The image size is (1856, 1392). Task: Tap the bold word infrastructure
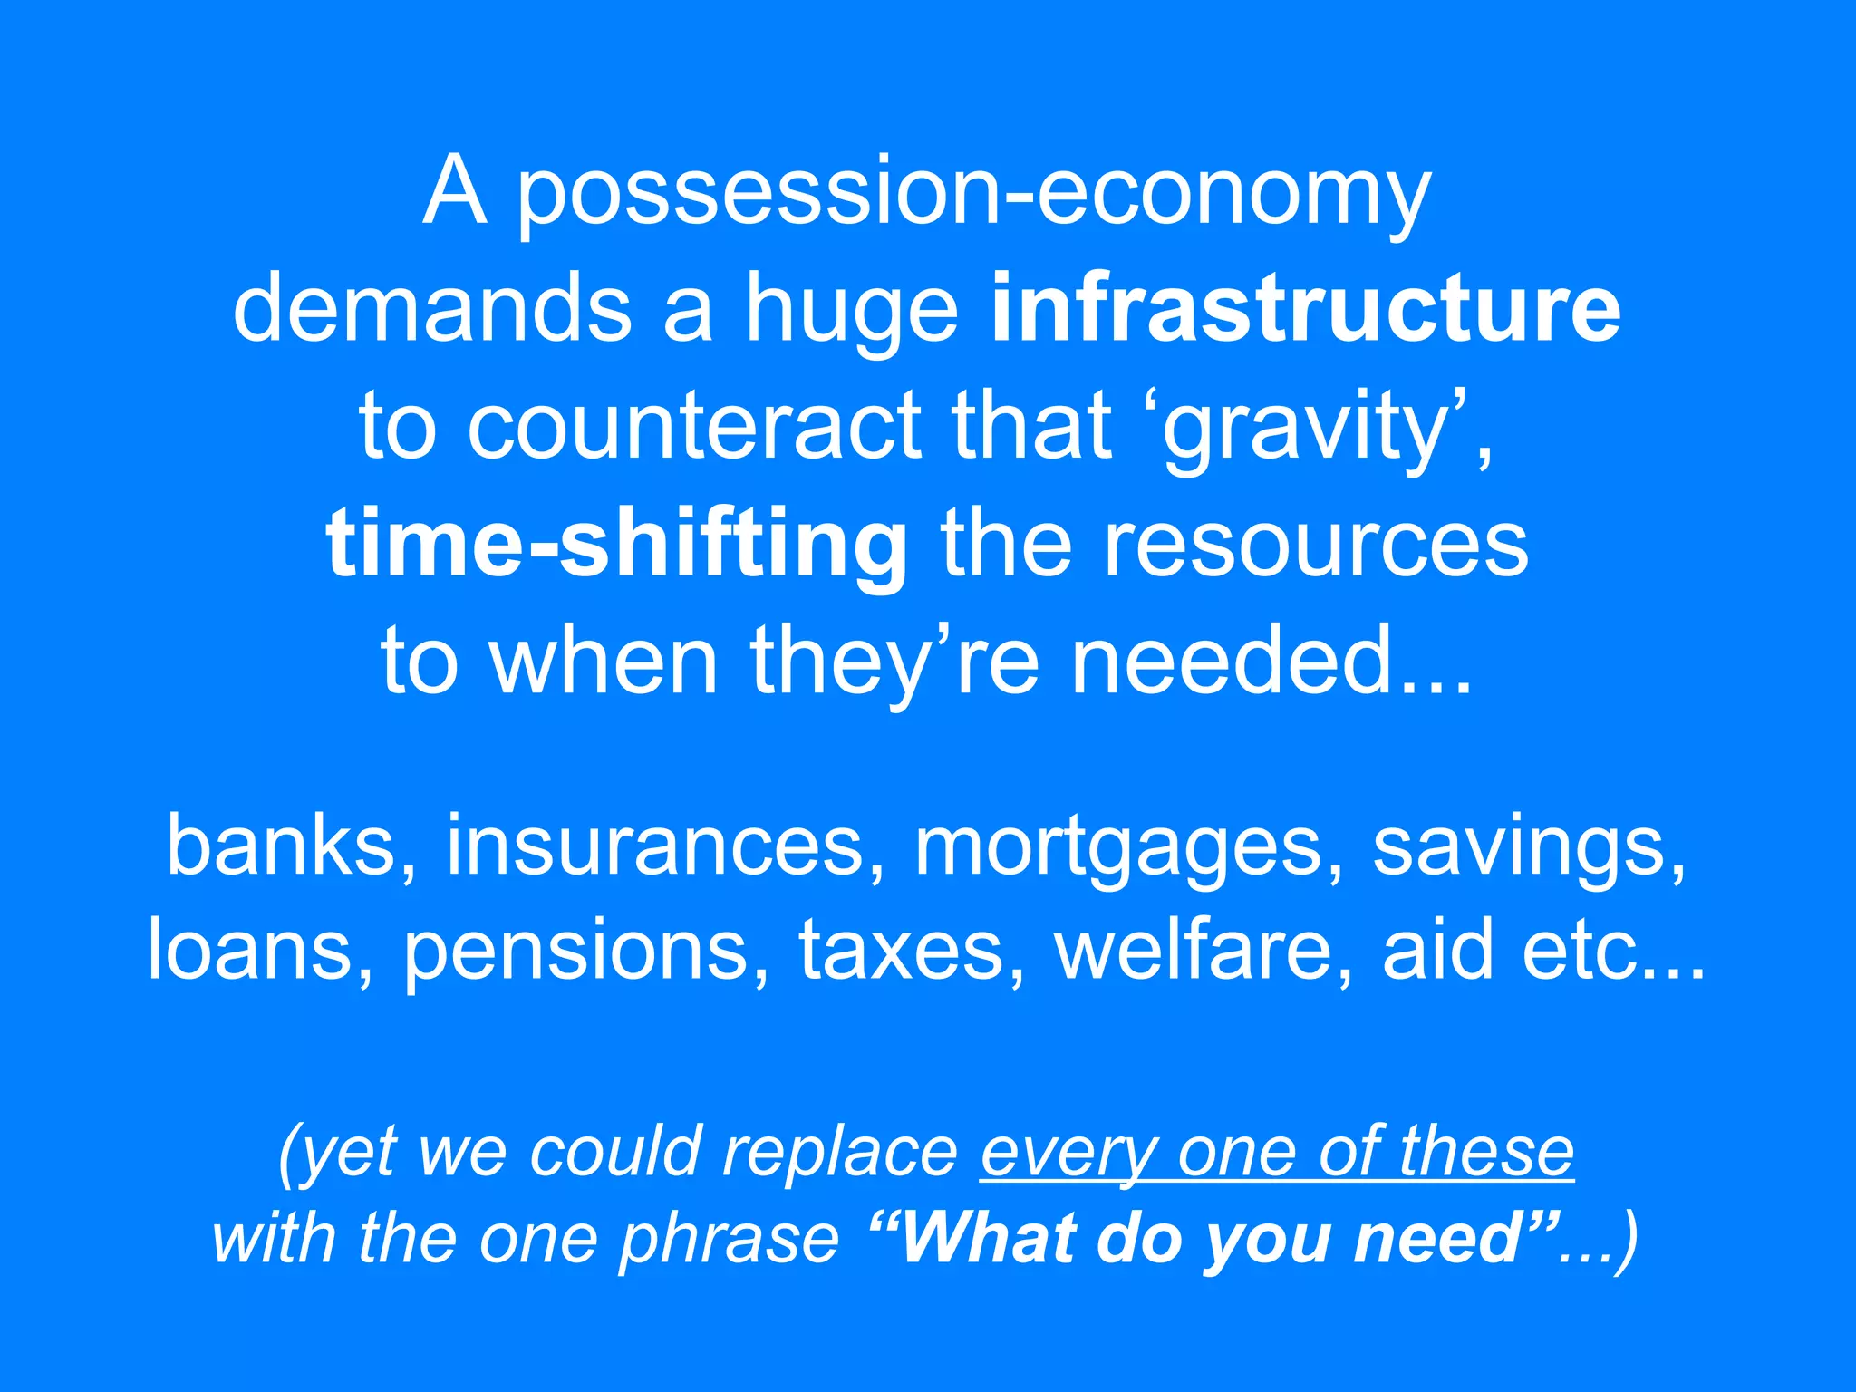pyautogui.click(x=1306, y=310)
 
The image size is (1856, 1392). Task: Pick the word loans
pyautogui.click(x=248, y=950)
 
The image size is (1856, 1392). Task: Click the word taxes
pyautogui.click(x=901, y=950)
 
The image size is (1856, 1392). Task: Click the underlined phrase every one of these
pyautogui.click(x=1277, y=1153)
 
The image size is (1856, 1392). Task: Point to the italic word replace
pyautogui.click(x=839, y=1153)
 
